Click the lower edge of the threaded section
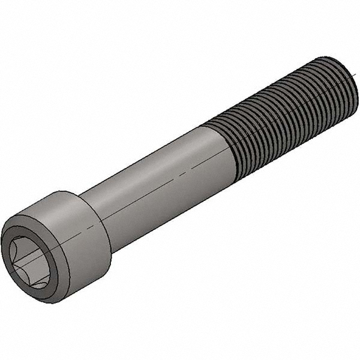288,150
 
